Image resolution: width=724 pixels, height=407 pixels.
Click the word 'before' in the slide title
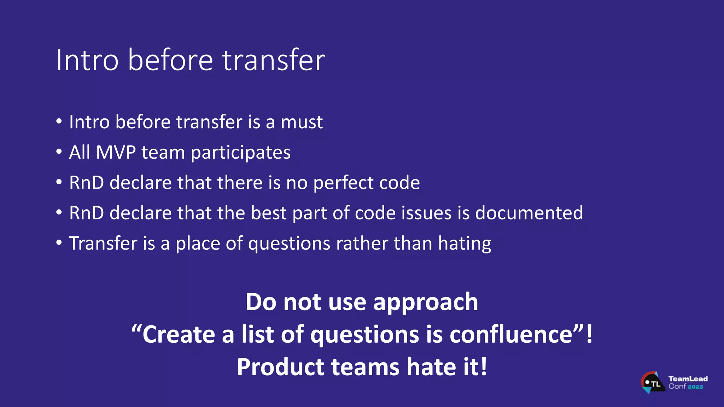pos(170,60)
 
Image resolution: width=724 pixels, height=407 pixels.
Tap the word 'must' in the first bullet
pos(302,122)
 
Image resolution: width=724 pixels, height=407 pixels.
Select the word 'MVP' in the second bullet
pos(116,153)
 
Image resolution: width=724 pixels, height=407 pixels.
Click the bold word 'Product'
pos(280,367)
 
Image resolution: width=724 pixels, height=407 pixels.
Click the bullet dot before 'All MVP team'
pos(59,152)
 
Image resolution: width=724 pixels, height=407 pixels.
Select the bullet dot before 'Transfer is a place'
pos(59,243)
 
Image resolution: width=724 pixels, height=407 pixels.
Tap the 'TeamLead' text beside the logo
pos(688,379)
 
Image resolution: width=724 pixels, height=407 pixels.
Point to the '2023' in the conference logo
pos(695,387)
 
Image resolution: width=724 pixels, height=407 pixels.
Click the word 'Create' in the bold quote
pos(179,334)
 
